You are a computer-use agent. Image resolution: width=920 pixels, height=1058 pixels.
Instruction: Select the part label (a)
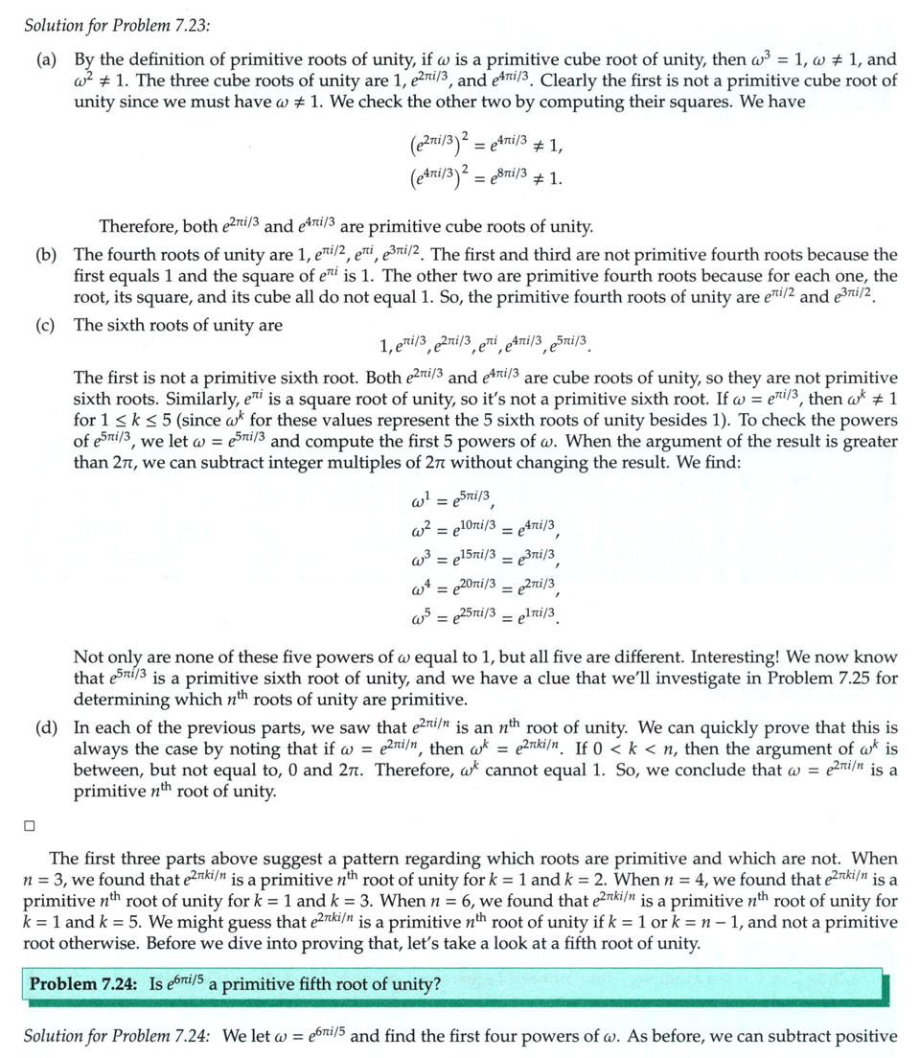[46, 60]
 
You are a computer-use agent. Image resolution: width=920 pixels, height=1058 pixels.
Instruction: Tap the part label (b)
[46, 255]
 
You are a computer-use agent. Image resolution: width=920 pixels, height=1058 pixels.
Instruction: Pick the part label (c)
[46, 325]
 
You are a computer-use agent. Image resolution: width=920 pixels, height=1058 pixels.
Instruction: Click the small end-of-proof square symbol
[30, 824]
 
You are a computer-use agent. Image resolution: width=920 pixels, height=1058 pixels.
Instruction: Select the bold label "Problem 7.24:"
[82, 983]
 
